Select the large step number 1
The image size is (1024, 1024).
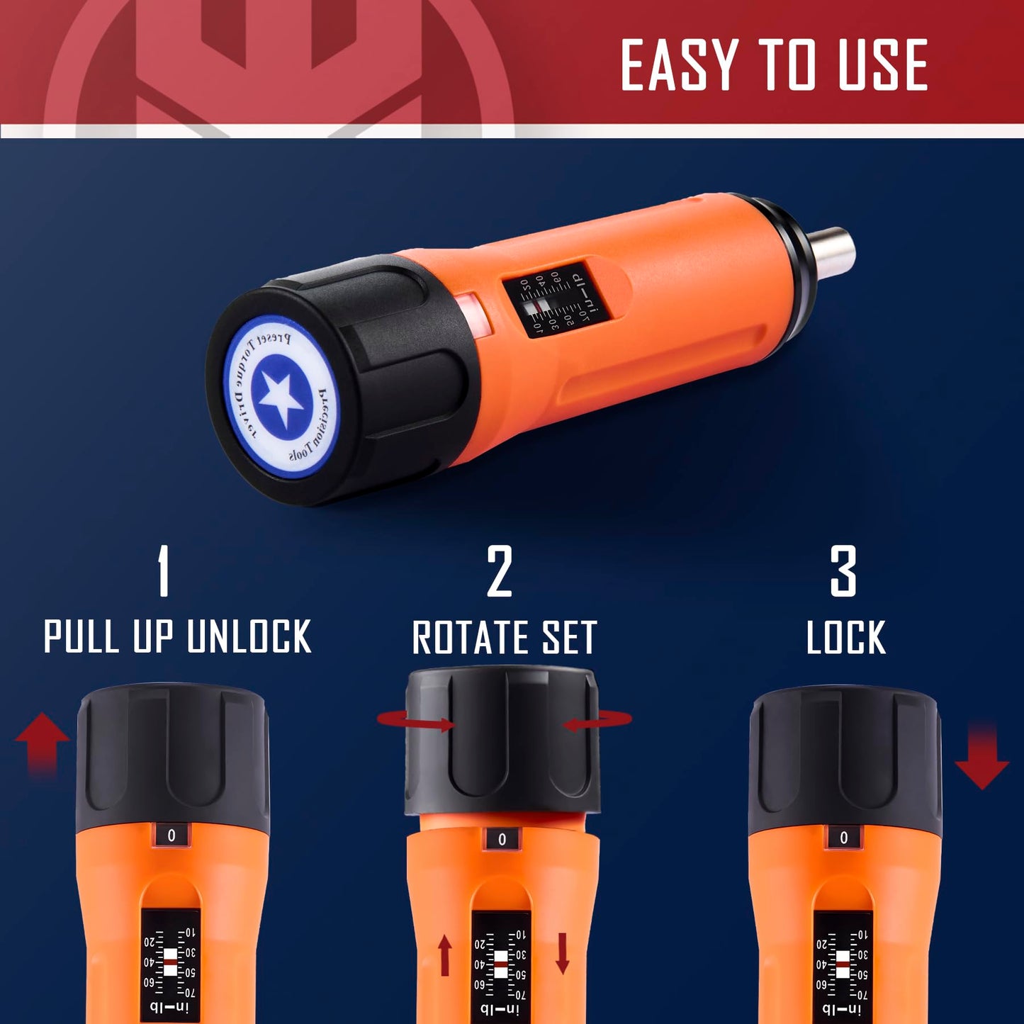(x=164, y=571)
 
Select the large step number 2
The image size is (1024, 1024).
(x=499, y=571)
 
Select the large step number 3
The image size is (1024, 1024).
(x=843, y=571)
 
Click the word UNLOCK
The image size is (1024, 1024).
(x=249, y=636)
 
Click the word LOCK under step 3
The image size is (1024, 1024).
(x=846, y=637)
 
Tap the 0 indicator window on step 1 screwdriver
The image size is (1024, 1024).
(x=171, y=835)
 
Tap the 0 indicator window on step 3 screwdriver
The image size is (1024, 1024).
(x=843, y=838)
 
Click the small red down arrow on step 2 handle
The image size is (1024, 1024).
(x=562, y=953)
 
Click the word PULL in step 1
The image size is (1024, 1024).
(x=81, y=636)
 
